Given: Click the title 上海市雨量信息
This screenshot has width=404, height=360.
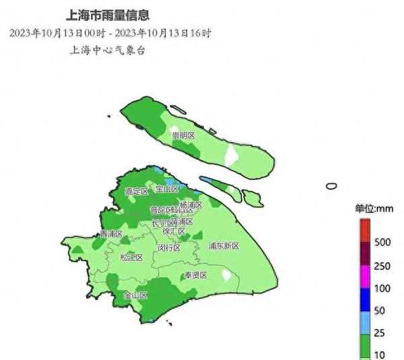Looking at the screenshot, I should point(109,13).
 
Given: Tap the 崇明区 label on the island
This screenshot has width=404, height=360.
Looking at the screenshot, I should point(182,136).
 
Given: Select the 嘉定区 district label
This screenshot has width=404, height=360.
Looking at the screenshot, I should point(137,191).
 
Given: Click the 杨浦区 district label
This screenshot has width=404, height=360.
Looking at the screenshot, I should point(191,204).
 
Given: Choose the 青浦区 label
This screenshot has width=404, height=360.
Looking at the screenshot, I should point(111,234).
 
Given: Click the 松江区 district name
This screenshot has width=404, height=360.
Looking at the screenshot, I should point(132,257).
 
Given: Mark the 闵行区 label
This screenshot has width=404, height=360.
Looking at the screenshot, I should point(169,247).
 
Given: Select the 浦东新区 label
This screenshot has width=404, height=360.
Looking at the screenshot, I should point(224,245).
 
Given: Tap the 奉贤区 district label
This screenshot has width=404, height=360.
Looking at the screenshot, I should point(196,275).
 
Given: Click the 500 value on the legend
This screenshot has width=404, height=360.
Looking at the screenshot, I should point(382,241).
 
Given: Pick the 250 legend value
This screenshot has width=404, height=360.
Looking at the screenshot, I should point(382,266).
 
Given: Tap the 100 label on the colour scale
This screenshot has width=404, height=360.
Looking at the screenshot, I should point(382,289).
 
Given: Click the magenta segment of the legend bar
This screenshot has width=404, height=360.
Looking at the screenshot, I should point(364,276).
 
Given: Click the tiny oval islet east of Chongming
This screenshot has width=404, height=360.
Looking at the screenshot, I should point(331,185).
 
